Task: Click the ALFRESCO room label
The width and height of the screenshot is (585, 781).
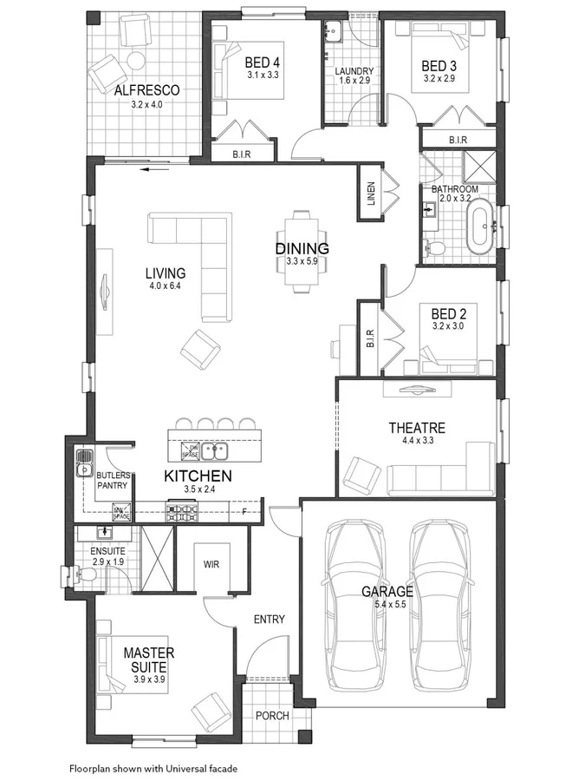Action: coord(146,89)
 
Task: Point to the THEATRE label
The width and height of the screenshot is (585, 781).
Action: coord(417,428)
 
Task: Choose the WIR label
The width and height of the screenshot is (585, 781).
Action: coord(211,563)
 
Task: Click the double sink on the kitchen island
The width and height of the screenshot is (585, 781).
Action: coord(214,450)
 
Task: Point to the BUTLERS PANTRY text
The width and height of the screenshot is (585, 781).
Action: coord(113,481)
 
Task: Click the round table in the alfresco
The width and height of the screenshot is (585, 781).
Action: coord(136,59)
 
